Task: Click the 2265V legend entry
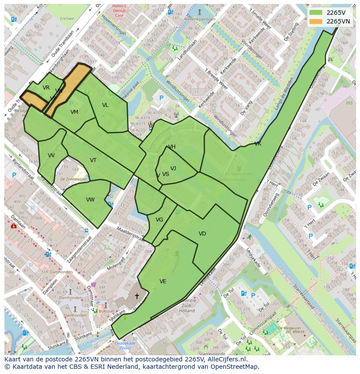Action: [329, 12]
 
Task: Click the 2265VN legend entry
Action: [329, 21]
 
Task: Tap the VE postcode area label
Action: [163, 281]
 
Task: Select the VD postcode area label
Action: [202, 234]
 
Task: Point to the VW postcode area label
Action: [90, 200]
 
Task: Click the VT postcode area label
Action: [93, 160]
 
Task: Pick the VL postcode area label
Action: [105, 105]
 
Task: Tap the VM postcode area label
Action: [74, 112]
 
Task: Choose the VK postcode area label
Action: [258, 144]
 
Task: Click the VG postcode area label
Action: [159, 220]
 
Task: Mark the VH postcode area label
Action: [172, 147]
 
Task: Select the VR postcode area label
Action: [46, 88]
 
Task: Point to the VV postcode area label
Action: [51, 156]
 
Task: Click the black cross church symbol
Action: [137, 296]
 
